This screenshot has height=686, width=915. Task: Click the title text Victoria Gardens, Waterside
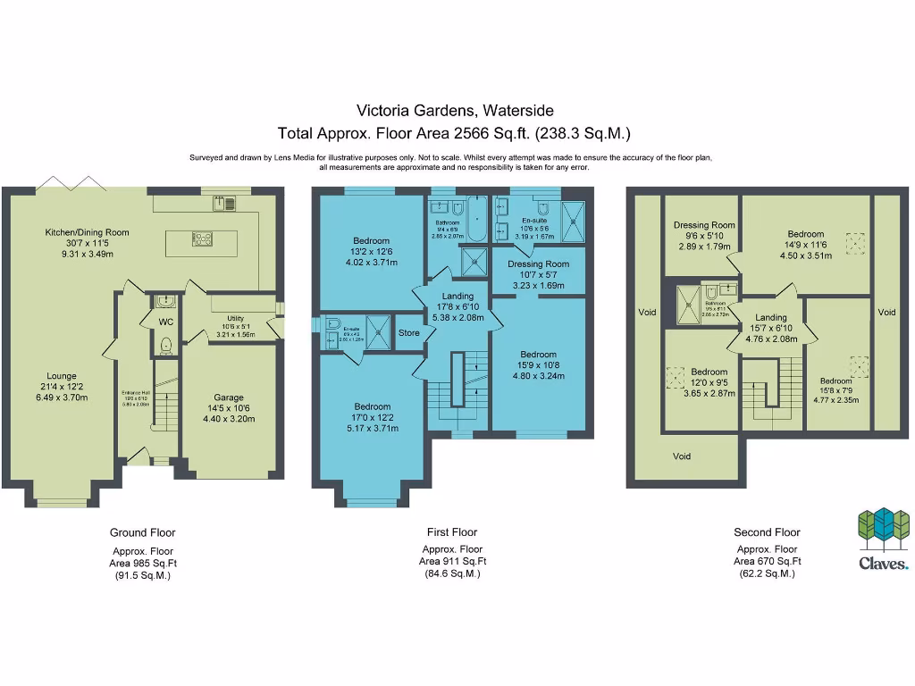pyautogui.click(x=455, y=111)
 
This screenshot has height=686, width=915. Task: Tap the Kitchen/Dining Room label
pyautogui.click(x=88, y=232)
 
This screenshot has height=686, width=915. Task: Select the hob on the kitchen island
pyautogui.click(x=202, y=238)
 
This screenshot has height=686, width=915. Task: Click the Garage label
pyautogui.click(x=229, y=397)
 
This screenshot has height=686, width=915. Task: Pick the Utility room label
pyautogui.click(x=235, y=318)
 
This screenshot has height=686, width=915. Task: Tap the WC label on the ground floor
pyautogui.click(x=165, y=322)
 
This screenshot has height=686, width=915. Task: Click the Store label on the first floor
pyautogui.click(x=408, y=333)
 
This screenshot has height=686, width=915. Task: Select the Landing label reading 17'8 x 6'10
pyautogui.click(x=457, y=297)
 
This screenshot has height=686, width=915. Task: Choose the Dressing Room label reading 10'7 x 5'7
pyautogui.click(x=538, y=264)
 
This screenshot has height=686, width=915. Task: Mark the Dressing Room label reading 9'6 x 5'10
pyautogui.click(x=704, y=225)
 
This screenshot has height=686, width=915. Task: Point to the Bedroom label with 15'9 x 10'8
pyautogui.click(x=538, y=355)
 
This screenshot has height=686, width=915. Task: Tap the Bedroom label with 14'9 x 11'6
pyautogui.click(x=805, y=234)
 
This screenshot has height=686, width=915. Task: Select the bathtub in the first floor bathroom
pyautogui.click(x=475, y=220)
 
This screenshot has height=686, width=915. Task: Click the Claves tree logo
pyautogui.click(x=883, y=530)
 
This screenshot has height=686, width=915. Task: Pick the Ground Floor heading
pyautogui.click(x=142, y=532)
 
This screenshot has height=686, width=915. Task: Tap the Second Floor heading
pyautogui.click(x=767, y=532)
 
